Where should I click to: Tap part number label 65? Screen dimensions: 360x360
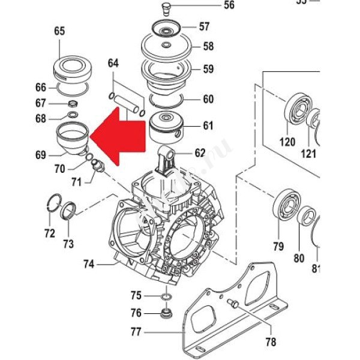pyautogui.click(x=59, y=31)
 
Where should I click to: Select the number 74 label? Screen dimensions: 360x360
pyautogui.click(x=89, y=262)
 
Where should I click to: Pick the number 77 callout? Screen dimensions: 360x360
pyautogui.click(x=136, y=331)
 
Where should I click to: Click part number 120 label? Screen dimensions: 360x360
pyautogui.click(x=288, y=142)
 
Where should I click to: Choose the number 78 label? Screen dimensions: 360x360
pyautogui.click(x=271, y=342)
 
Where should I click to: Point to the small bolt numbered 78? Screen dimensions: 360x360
pyautogui.click(x=233, y=304)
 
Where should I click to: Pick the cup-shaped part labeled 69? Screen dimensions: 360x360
pyautogui.click(x=73, y=138)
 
